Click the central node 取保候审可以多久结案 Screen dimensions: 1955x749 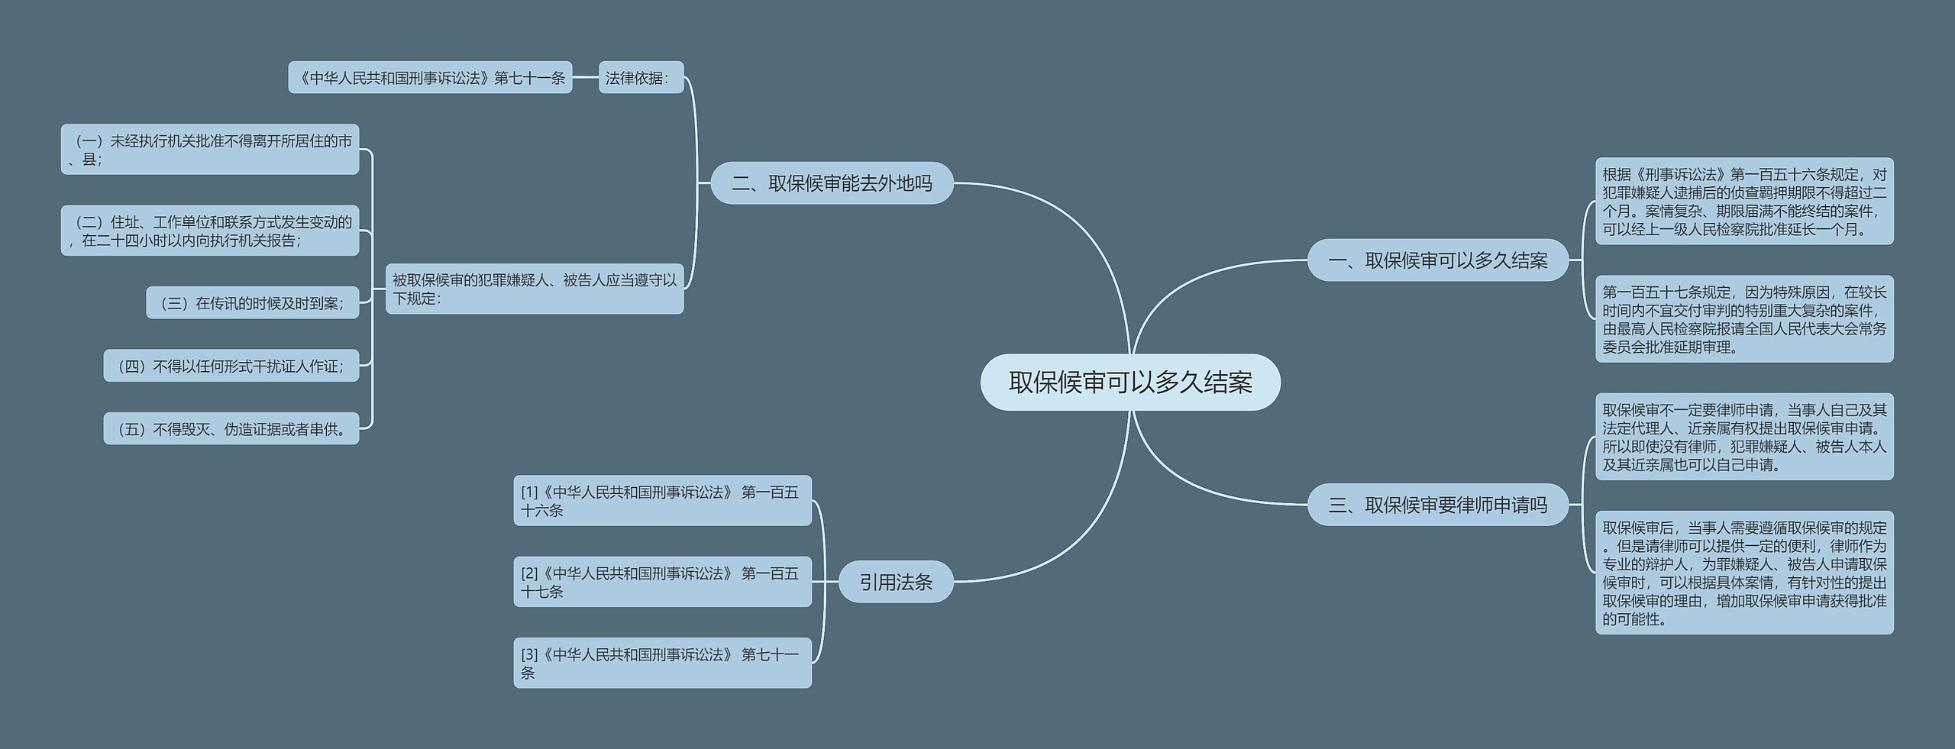click(1129, 383)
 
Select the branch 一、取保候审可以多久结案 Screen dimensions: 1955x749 click(1437, 260)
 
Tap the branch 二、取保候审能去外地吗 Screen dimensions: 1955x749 click(832, 183)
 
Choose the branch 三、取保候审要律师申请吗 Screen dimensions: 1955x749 click(1437, 505)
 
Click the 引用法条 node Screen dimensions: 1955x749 click(896, 582)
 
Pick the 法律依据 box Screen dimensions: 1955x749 click(641, 78)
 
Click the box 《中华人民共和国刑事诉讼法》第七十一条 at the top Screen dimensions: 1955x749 click(430, 78)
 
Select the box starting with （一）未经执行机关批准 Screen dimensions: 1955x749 click(210, 150)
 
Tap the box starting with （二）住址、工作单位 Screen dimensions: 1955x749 click(210, 231)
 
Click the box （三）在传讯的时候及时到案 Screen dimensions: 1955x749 click(252, 303)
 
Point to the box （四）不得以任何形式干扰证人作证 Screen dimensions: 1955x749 click(231, 366)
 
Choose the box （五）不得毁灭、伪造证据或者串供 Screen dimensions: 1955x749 click(231, 429)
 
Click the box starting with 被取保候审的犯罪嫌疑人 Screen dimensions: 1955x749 click(535, 289)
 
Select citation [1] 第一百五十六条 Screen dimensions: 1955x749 click(662, 501)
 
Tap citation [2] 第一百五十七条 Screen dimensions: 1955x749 click(662, 582)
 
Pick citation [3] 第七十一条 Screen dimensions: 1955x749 click(662, 663)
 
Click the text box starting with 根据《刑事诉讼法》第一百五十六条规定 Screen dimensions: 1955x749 click(1744, 202)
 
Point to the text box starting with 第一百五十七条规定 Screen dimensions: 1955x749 click(1744, 319)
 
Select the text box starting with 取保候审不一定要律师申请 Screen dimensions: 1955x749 click(1744, 437)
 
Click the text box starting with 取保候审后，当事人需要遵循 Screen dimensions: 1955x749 click(1744, 573)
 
